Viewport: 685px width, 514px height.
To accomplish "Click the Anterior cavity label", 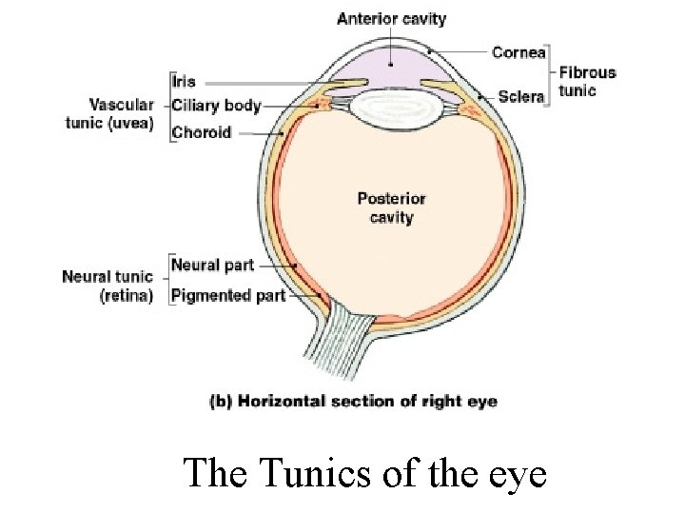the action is click(391, 19).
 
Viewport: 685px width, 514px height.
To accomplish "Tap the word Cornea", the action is click(518, 52).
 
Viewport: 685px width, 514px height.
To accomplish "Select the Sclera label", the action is click(520, 96).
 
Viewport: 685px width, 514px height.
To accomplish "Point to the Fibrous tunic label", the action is click(587, 81).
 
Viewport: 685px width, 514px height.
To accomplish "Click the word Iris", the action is click(185, 82).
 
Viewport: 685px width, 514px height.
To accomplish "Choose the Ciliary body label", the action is click(216, 106).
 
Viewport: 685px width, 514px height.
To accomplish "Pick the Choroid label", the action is click(201, 132).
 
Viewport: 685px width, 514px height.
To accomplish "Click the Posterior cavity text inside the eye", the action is click(391, 208).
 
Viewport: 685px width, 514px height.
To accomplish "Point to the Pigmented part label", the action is click(228, 295).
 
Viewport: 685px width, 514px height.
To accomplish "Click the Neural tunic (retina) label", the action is click(108, 286).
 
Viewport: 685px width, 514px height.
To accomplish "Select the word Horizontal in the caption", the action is click(280, 401).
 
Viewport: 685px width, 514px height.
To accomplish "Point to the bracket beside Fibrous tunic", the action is click(550, 74).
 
